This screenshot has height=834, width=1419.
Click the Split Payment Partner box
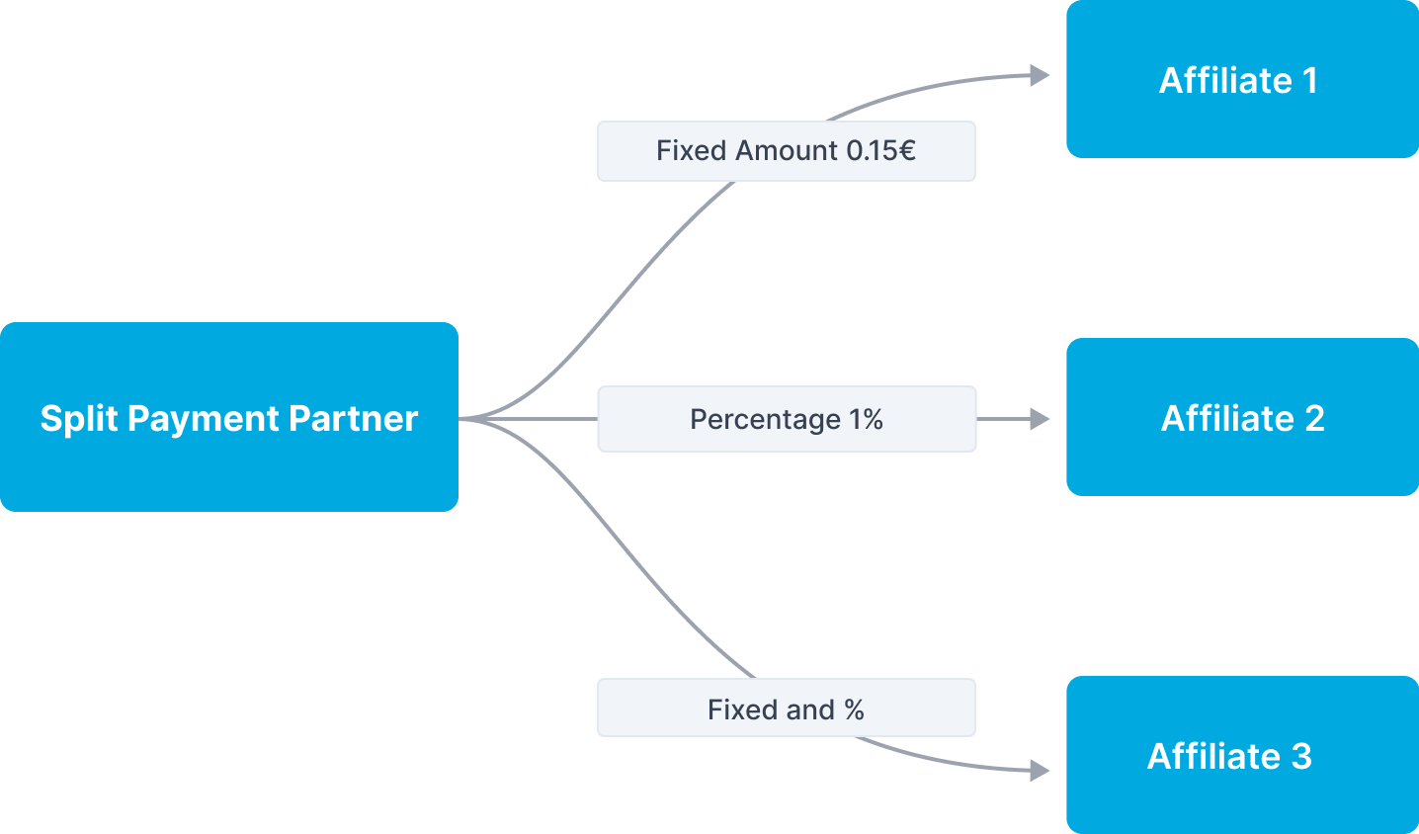click(229, 417)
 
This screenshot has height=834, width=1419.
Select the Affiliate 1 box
click(1242, 79)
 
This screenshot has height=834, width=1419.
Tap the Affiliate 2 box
click(1242, 417)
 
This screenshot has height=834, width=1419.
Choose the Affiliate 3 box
click(1242, 755)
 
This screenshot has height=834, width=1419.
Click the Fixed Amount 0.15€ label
click(786, 151)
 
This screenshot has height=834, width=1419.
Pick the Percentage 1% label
click(787, 419)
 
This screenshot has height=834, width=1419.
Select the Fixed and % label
click(786, 709)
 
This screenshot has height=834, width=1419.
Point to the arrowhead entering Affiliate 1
click(1040, 75)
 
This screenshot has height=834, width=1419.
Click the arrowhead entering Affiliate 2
click(1040, 419)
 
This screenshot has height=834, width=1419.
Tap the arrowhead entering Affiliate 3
click(1040, 770)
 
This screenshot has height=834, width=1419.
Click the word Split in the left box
click(79, 419)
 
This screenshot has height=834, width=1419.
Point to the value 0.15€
click(880, 151)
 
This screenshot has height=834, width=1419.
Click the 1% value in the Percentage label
click(866, 419)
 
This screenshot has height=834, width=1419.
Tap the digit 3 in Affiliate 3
click(1301, 756)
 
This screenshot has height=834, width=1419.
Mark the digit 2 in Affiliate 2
click(1314, 418)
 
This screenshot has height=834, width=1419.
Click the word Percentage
click(765, 420)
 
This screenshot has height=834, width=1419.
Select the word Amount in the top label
click(788, 151)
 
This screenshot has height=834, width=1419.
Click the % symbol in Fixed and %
click(854, 709)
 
